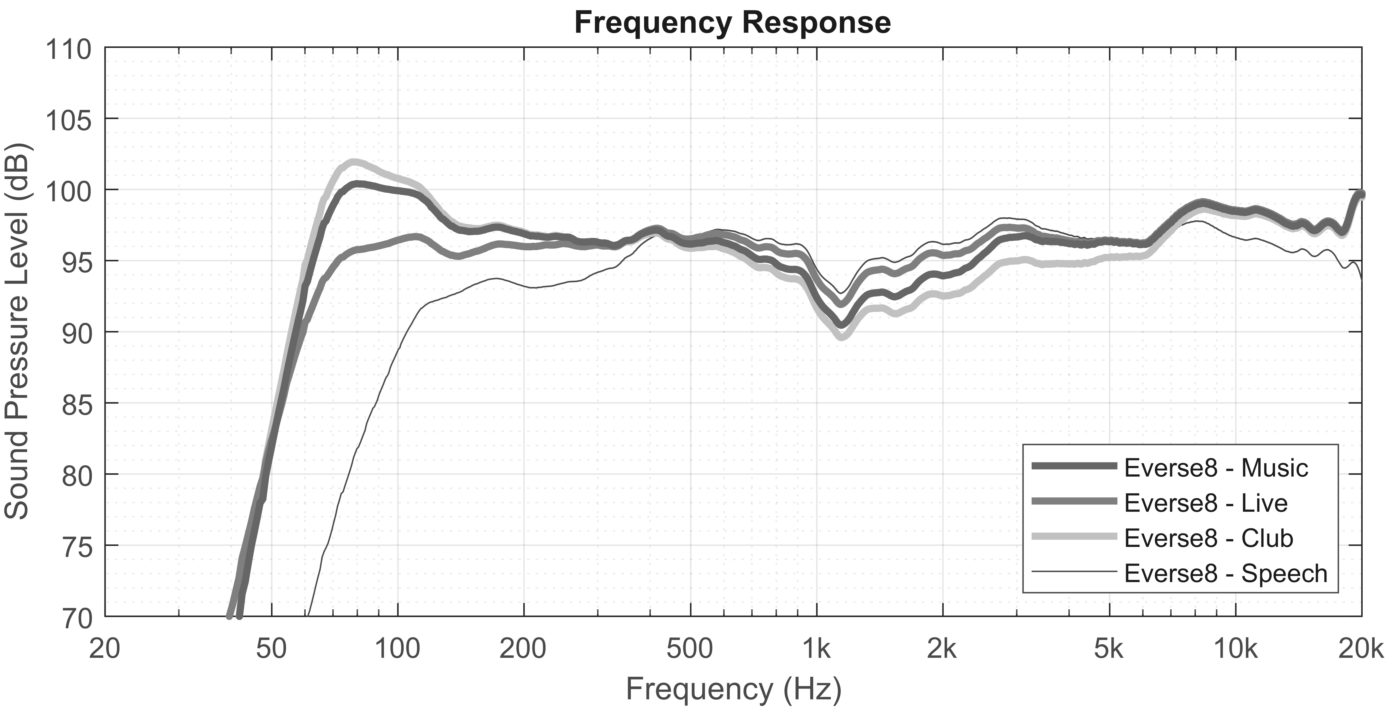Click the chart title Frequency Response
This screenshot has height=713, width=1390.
tap(732, 23)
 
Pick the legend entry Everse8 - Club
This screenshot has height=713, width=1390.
tap(1208, 538)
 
